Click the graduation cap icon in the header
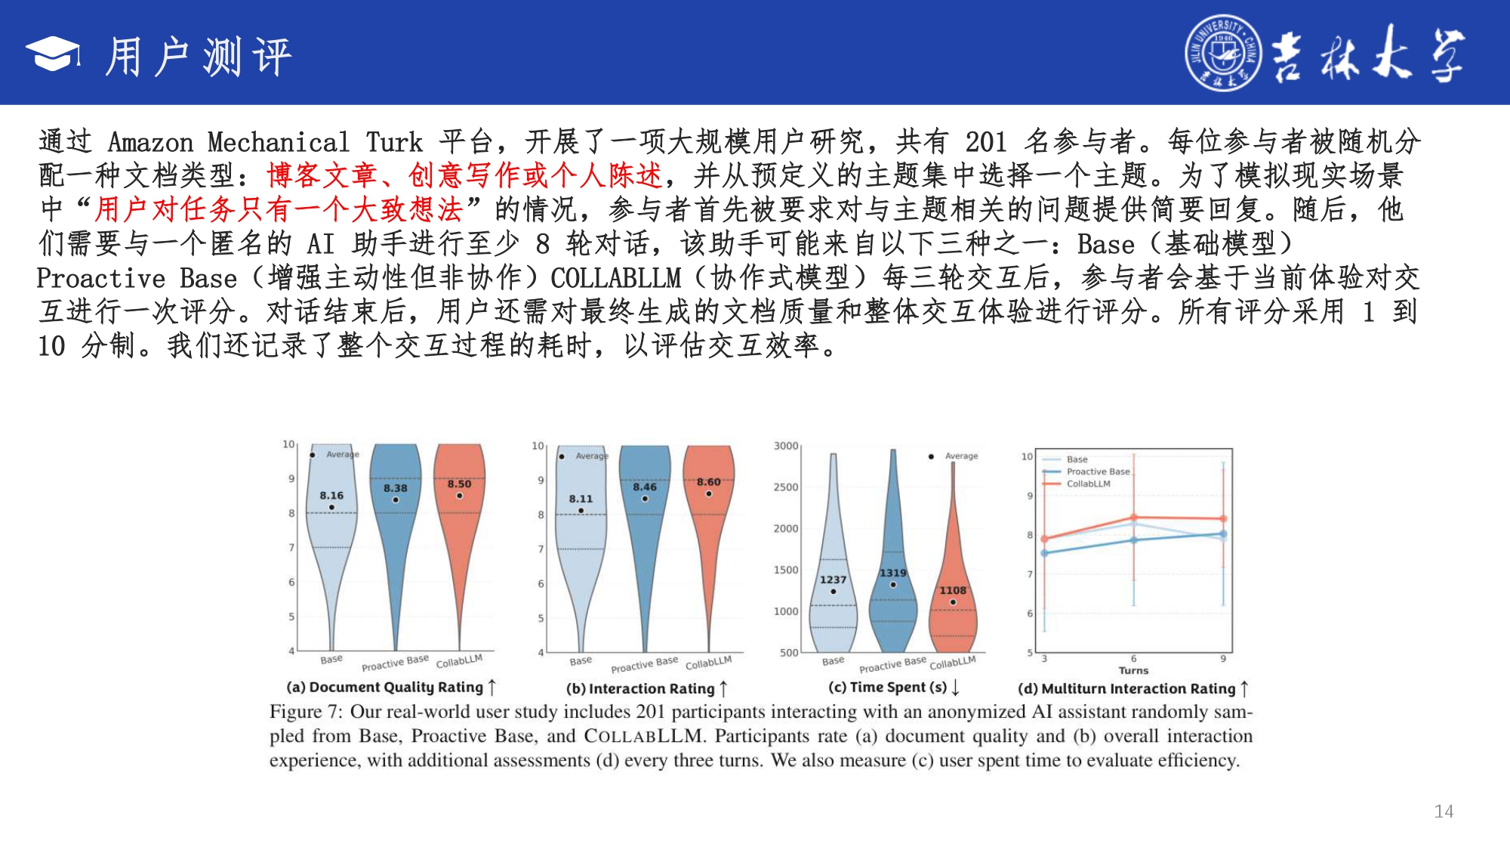click(x=53, y=54)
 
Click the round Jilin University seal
click(x=1222, y=54)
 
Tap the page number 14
click(x=1444, y=811)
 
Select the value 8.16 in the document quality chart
click(x=331, y=496)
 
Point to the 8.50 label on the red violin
click(x=459, y=484)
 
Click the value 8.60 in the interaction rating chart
click(x=708, y=482)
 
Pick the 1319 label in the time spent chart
click(x=893, y=573)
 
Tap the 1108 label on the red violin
click(x=953, y=590)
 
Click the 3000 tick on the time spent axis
click(x=786, y=446)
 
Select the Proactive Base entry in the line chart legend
click(x=1099, y=471)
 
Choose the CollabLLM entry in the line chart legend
click(x=1089, y=484)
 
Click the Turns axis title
click(x=1133, y=670)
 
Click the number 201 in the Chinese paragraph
click(x=985, y=141)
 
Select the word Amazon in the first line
click(x=150, y=142)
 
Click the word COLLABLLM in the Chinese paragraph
click(x=615, y=278)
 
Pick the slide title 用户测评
click(x=199, y=56)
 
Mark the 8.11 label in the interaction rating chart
click(x=581, y=499)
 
